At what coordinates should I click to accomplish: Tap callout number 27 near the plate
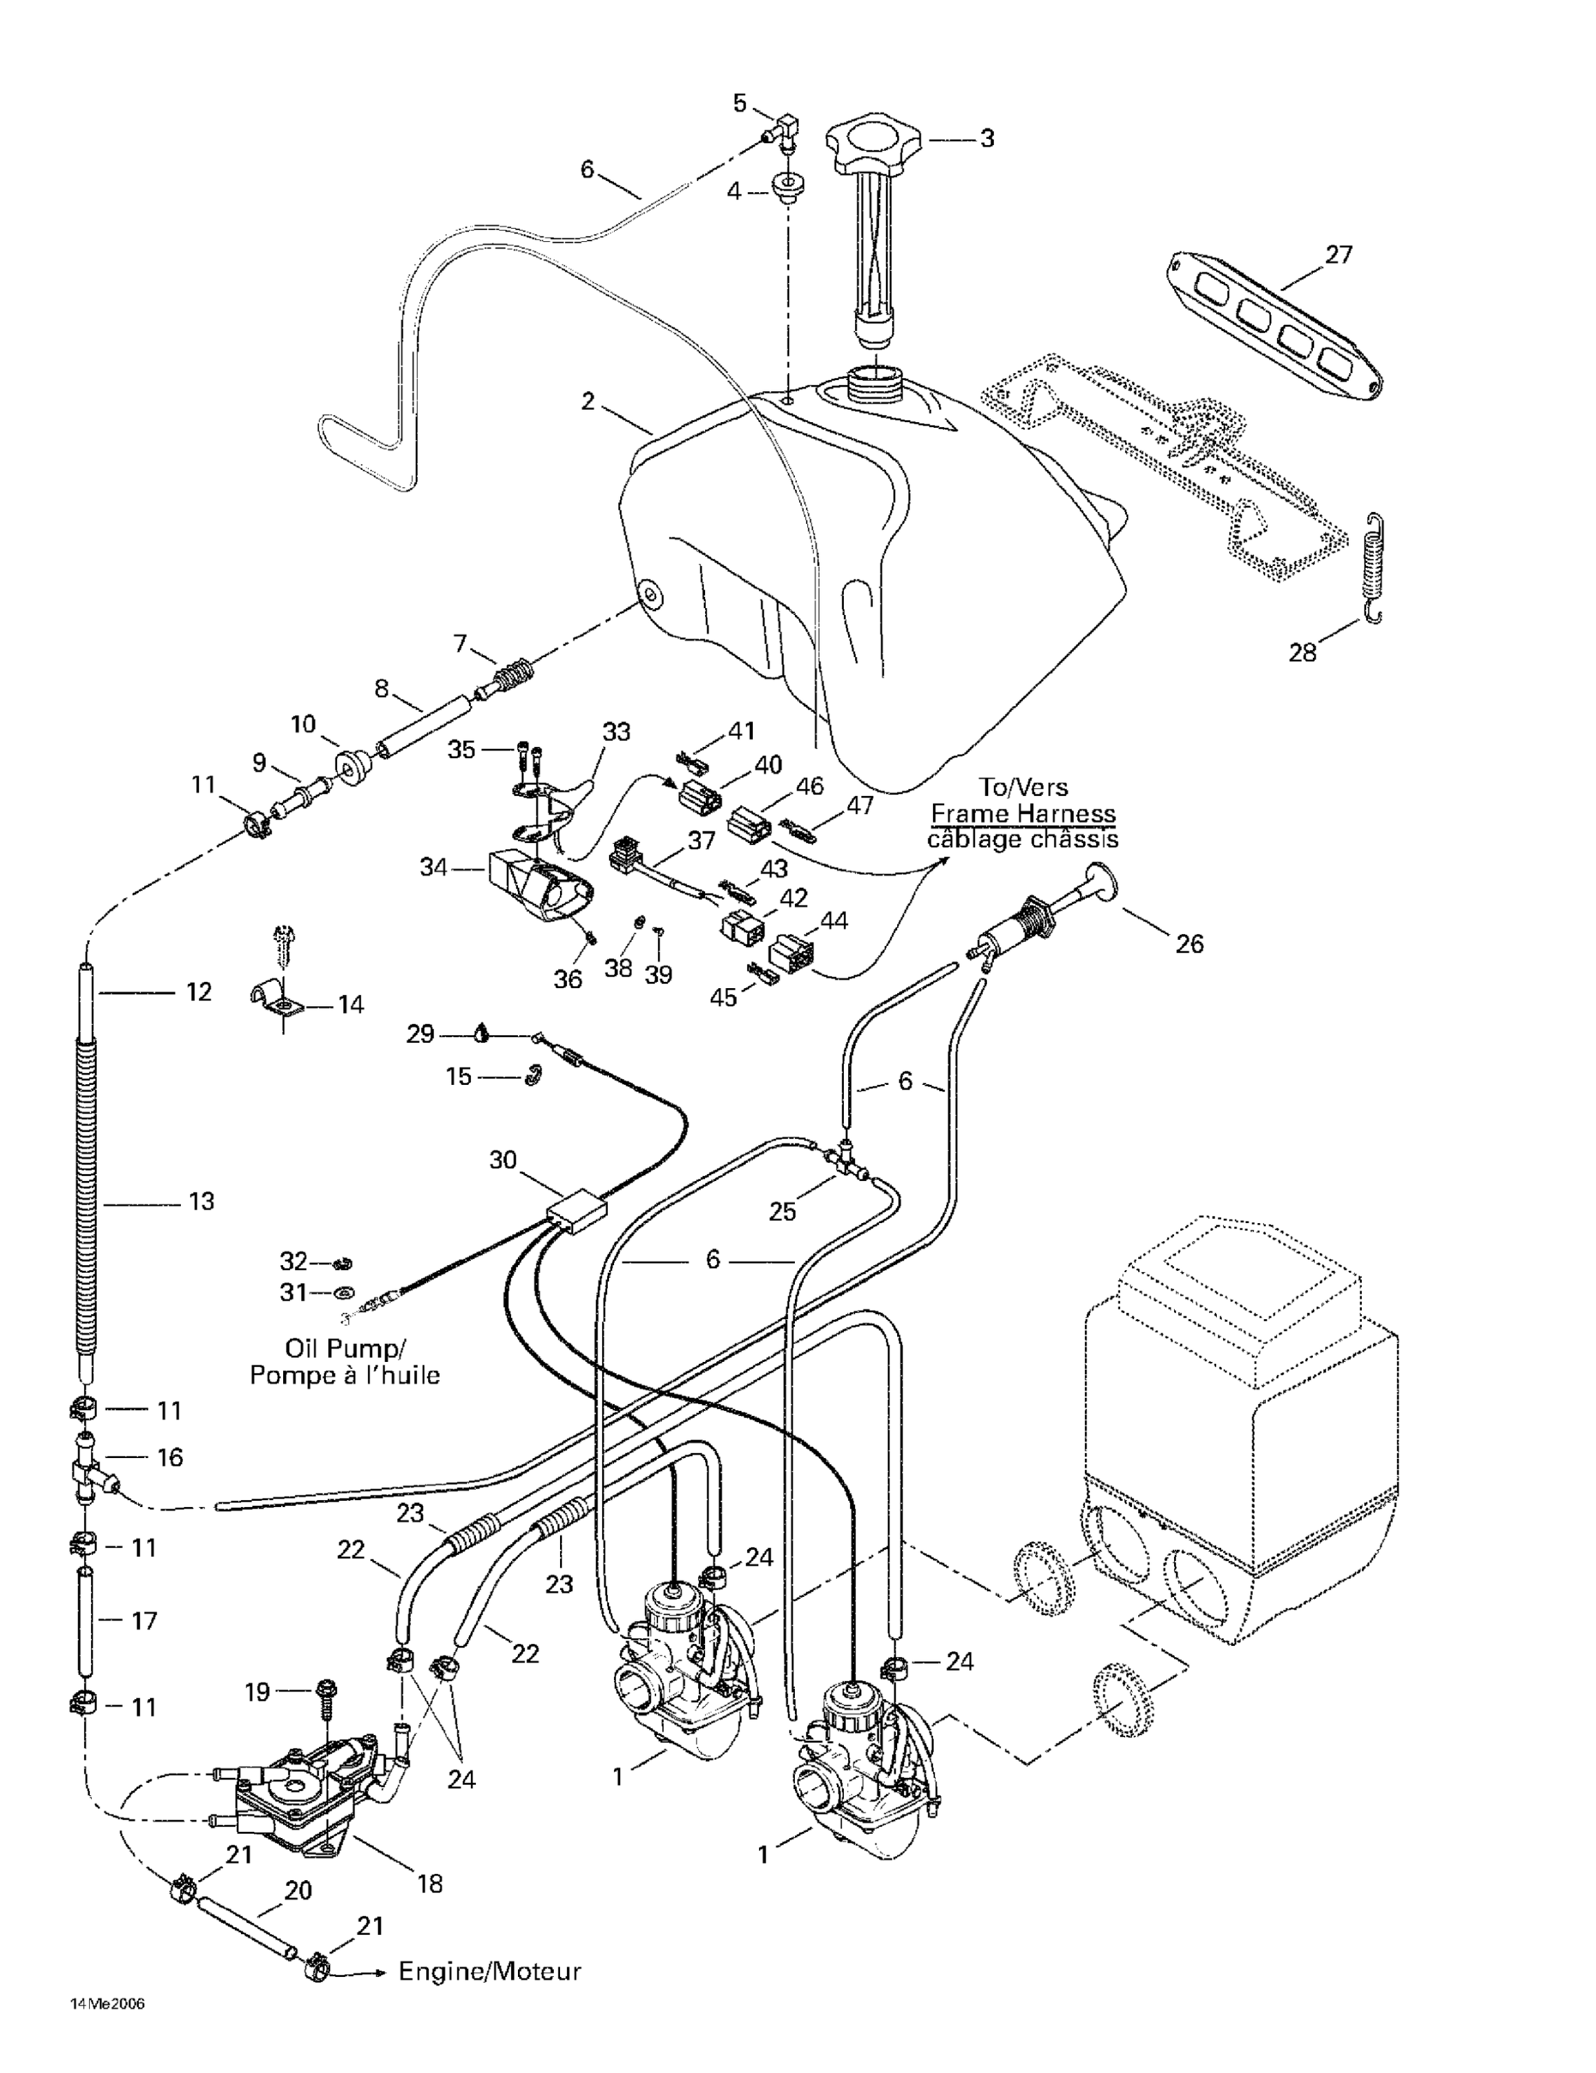tap(1338, 254)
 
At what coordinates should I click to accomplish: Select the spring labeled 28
tap(1373, 567)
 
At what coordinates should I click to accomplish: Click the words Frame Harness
tap(1022, 813)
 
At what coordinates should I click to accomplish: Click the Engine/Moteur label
tap(489, 1971)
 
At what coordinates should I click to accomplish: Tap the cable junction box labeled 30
tap(577, 1212)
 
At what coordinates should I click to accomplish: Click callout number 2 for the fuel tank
tap(588, 401)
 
